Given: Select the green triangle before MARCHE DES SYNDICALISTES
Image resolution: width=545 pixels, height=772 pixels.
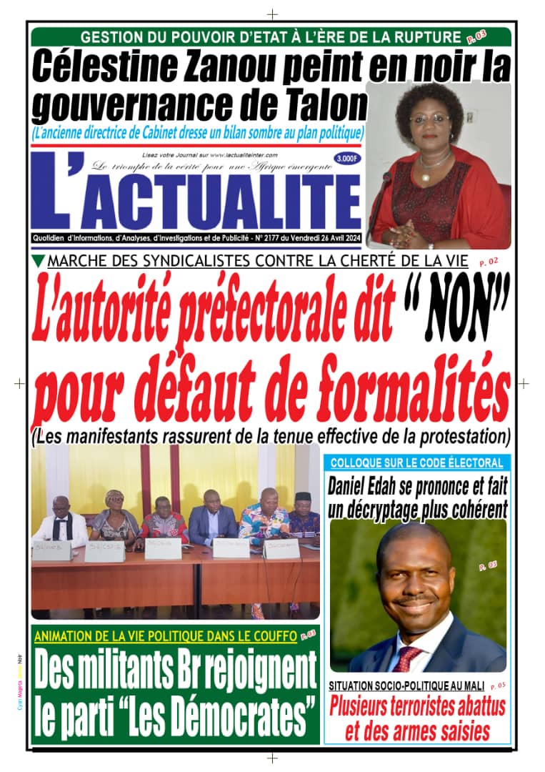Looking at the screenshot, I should coord(39,261).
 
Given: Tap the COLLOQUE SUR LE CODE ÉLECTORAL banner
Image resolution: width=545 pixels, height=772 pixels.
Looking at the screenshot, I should coord(416,462).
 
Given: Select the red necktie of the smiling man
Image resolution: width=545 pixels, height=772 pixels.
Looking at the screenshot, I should coord(409,658).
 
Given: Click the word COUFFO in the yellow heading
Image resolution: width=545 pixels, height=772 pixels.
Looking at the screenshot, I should coord(269,635).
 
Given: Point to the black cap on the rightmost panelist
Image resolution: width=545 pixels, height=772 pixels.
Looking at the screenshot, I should coord(304,496).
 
